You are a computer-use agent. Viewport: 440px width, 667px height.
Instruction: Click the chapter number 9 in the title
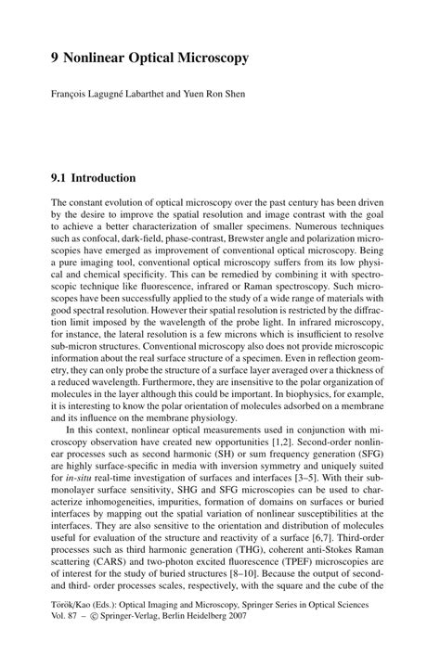(56, 58)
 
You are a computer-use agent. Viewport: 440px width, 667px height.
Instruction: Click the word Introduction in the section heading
(104, 177)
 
